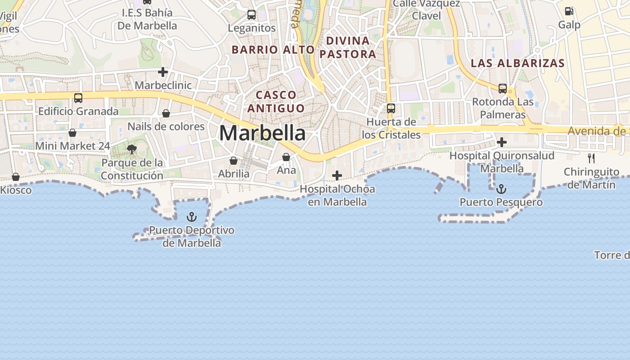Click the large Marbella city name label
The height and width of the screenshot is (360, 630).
tap(262, 133)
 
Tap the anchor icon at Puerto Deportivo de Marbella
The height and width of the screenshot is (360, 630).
tap(192, 217)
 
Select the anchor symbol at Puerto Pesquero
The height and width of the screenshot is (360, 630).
tap(501, 189)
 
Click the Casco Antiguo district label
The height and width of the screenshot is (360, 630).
tap(276, 102)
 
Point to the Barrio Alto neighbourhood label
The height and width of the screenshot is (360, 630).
tap(273, 49)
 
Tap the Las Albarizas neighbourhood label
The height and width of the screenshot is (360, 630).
tap(517, 63)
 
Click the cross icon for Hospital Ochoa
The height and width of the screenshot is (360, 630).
tap(337, 175)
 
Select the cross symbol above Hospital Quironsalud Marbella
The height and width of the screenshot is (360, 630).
tap(502, 143)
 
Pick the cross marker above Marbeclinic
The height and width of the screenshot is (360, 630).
tap(163, 72)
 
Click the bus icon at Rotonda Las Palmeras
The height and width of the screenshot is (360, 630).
tap(503, 89)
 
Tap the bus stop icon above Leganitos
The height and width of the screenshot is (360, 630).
tap(252, 15)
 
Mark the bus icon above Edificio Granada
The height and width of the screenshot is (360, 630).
tap(78, 98)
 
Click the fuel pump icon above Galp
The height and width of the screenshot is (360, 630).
tap(569, 11)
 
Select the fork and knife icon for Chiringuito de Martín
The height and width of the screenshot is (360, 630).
tap(591, 158)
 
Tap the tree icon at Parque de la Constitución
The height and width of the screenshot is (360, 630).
tap(132, 149)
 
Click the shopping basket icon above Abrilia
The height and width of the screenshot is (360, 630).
tap(234, 161)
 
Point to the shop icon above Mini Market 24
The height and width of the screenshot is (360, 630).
tap(72, 133)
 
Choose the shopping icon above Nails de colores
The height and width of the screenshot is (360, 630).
tap(166, 113)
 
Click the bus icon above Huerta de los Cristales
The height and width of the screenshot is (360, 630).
tap(391, 108)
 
